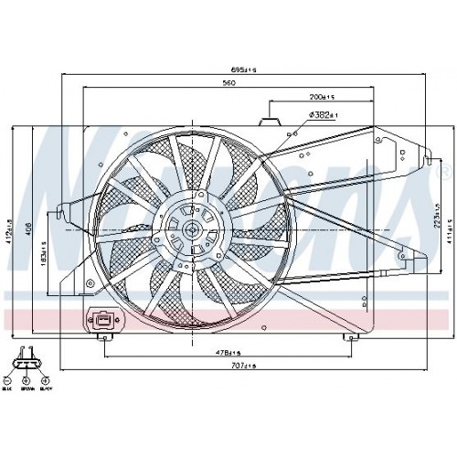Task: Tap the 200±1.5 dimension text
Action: click(x=320, y=96)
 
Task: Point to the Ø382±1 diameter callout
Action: click(x=324, y=115)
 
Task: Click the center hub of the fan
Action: click(x=192, y=229)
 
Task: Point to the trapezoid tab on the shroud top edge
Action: click(x=271, y=119)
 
